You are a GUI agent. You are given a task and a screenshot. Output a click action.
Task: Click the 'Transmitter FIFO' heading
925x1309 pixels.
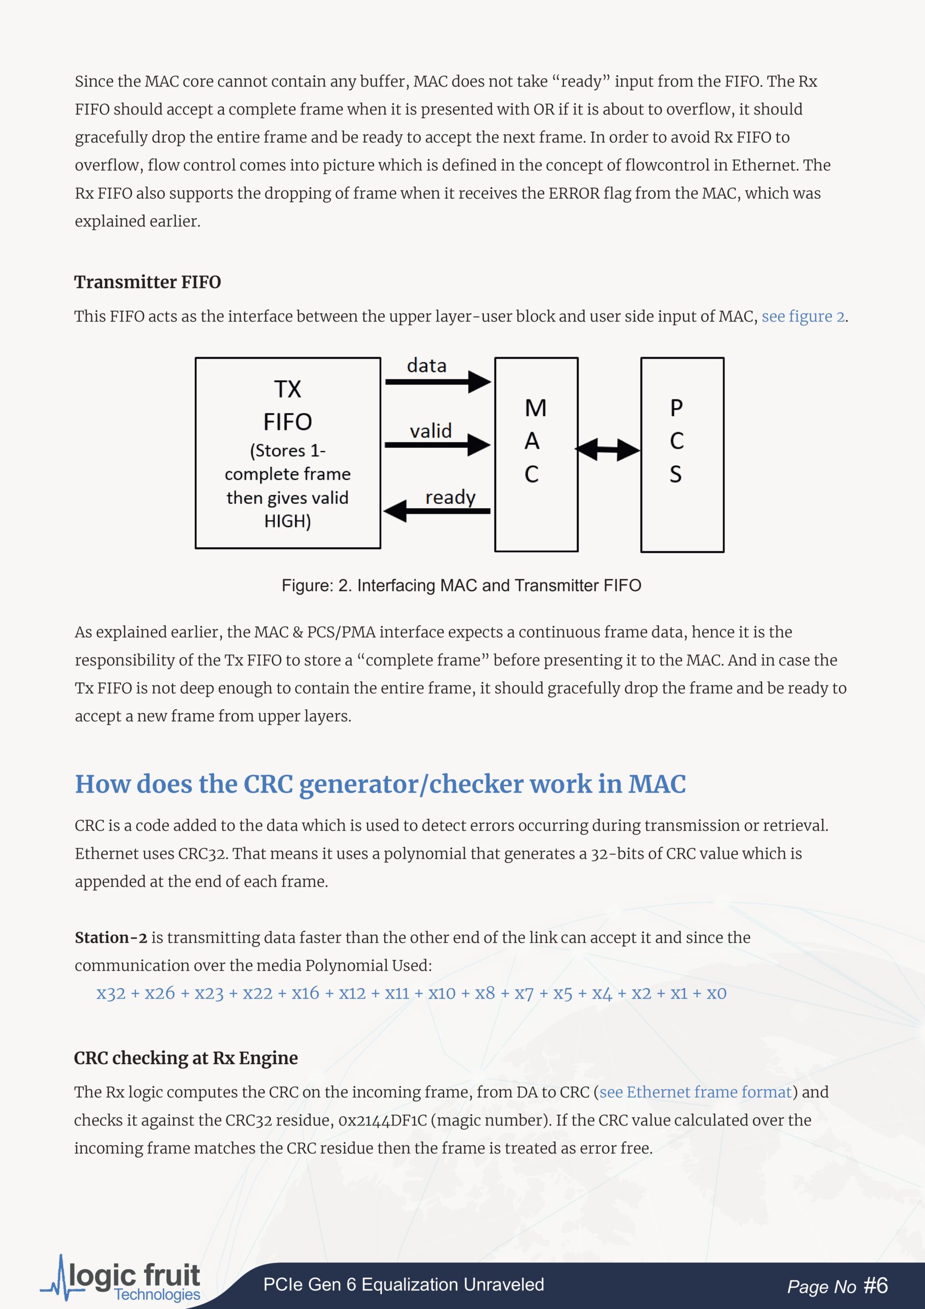click(x=148, y=282)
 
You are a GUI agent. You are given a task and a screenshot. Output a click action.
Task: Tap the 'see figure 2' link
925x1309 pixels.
click(x=803, y=317)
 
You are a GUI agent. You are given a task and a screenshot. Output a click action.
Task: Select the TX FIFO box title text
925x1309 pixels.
click(x=288, y=405)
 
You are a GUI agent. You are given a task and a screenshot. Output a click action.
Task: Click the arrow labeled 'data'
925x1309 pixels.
click(x=437, y=381)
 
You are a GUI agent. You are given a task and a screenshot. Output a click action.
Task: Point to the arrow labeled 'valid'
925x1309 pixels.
click(x=437, y=445)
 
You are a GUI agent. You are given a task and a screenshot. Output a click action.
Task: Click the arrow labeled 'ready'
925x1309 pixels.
click(x=437, y=511)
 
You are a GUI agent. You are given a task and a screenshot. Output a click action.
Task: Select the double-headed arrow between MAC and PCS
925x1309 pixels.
click(x=608, y=450)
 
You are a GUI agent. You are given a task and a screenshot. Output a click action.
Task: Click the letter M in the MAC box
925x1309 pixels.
click(x=535, y=408)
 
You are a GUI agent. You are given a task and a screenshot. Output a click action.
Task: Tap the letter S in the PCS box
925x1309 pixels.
click(x=676, y=475)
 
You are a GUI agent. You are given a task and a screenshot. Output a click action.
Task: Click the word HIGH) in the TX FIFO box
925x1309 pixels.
click(x=288, y=521)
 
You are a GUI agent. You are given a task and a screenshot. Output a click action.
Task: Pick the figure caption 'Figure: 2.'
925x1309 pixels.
click(x=316, y=585)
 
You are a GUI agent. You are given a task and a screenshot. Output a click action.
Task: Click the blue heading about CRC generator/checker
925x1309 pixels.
click(x=380, y=784)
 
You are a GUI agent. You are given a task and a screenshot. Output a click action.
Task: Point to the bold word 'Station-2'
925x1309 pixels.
click(x=111, y=938)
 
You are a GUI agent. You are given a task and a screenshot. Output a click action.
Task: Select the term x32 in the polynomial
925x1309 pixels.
click(x=110, y=994)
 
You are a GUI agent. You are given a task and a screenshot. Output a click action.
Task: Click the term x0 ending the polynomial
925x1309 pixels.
click(x=716, y=994)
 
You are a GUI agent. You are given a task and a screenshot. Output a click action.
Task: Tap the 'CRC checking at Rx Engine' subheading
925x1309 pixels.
click(x=186, y=1058)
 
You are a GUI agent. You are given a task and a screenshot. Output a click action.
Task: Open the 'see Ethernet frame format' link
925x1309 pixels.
click(x=696, y=1092)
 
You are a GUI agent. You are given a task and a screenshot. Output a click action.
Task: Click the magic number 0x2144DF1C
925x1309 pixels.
click(x=382, y=1120)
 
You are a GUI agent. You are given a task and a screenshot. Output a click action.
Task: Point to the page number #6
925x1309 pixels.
click(x=875, y=1285)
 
